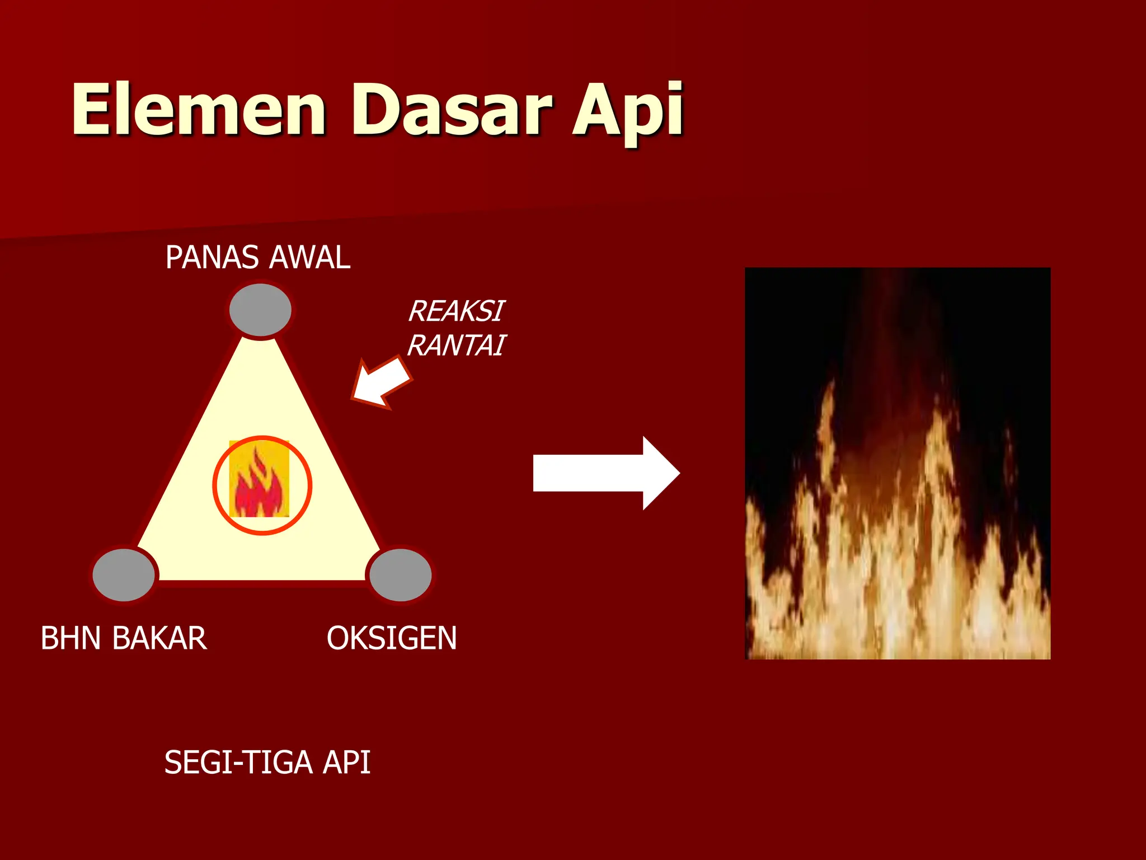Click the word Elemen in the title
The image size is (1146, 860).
click(198, 109)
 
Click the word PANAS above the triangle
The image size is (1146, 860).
click(213, 258)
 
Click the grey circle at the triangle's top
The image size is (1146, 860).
click(260, 310)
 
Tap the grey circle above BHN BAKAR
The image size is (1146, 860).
click(124, 575)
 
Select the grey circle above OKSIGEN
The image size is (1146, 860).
click(401, 575)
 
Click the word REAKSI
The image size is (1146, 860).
click(456, 311)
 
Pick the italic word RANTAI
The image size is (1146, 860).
click(456, 345)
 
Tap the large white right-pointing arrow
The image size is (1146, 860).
click(604, 473)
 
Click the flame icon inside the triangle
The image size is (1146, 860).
click(260, 479)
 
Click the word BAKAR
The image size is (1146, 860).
click(159, 638)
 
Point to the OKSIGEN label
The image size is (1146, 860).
click(392, 638)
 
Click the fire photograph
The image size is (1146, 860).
click(898, 464)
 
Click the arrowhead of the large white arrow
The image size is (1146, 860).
click(660, 473)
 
